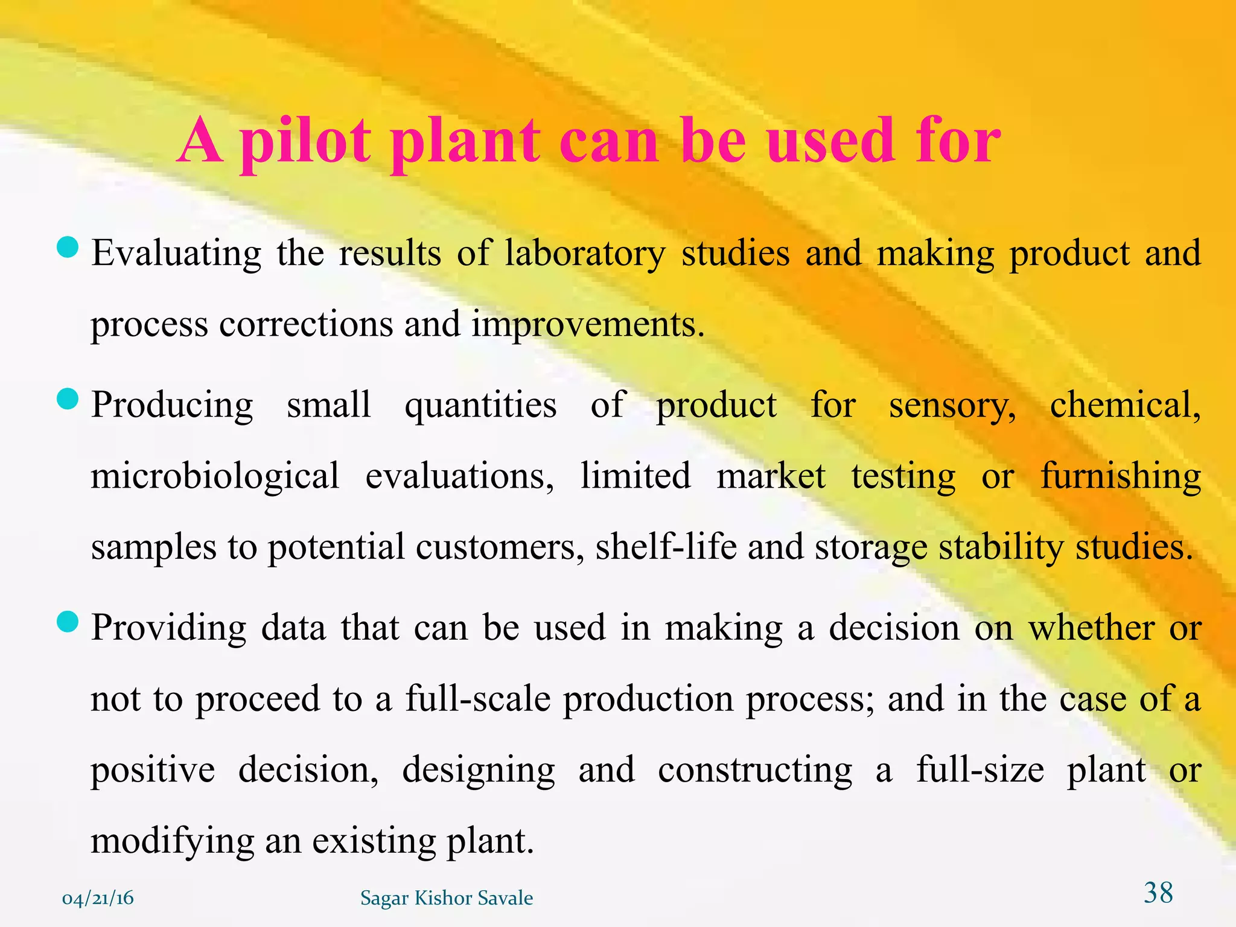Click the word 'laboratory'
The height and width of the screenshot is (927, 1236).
585,253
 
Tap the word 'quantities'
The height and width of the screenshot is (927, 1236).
480,405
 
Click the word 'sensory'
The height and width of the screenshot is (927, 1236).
952,405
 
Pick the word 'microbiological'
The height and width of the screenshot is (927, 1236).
215,476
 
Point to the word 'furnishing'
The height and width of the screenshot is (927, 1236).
1121,476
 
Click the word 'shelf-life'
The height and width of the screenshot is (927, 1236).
666,547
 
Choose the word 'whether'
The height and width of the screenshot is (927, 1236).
1091,628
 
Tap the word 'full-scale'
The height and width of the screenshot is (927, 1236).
478,699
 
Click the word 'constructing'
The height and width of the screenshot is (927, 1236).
755,770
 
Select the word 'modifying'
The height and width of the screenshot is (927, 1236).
172,841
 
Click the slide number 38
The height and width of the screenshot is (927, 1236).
1158,893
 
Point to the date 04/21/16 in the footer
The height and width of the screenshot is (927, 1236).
98,899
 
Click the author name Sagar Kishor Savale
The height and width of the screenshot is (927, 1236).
447,899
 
